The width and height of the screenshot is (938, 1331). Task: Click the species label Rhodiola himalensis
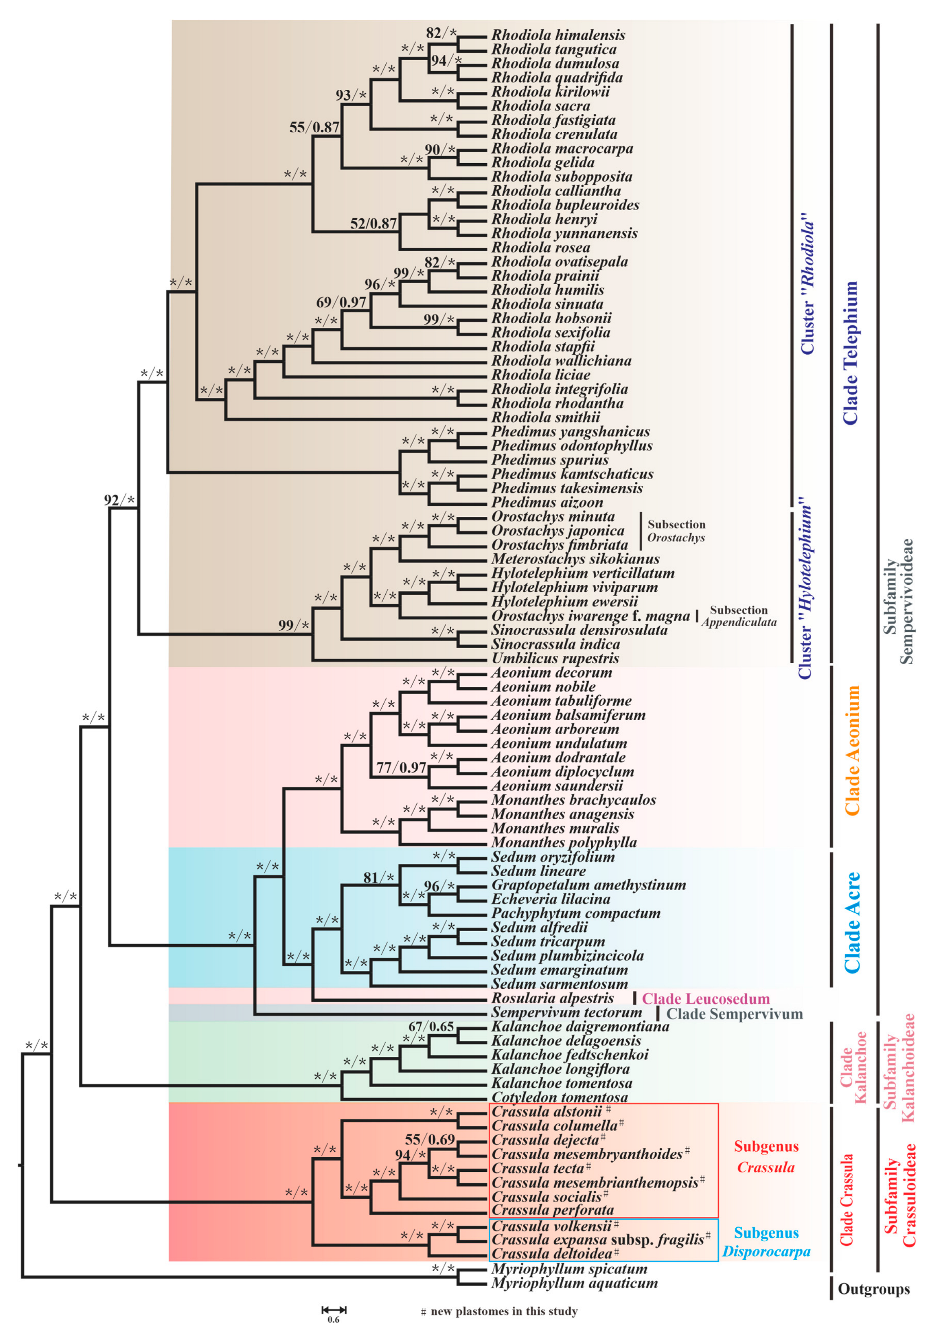[x=558, y=35]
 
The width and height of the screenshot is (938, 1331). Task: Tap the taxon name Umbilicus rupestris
[x=555, y=659]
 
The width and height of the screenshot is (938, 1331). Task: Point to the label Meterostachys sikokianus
[x=575, y=559]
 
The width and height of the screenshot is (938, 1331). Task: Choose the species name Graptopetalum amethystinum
[x=588, y=885]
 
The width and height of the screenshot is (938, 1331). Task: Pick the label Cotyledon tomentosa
[x=560, y=1097]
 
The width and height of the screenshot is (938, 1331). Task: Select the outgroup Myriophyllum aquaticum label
[x=574, y=1283]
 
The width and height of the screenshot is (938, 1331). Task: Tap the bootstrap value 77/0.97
[x=401, y=768]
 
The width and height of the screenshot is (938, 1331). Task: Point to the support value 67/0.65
[x=431, y=1027]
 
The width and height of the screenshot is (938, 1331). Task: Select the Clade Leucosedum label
[x=706, y=998]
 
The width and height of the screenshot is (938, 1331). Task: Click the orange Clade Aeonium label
[x=851, y=751]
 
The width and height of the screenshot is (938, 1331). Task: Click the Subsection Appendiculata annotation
[x=738, y=616]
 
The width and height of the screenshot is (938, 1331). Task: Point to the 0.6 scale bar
[x=333, y=1310]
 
